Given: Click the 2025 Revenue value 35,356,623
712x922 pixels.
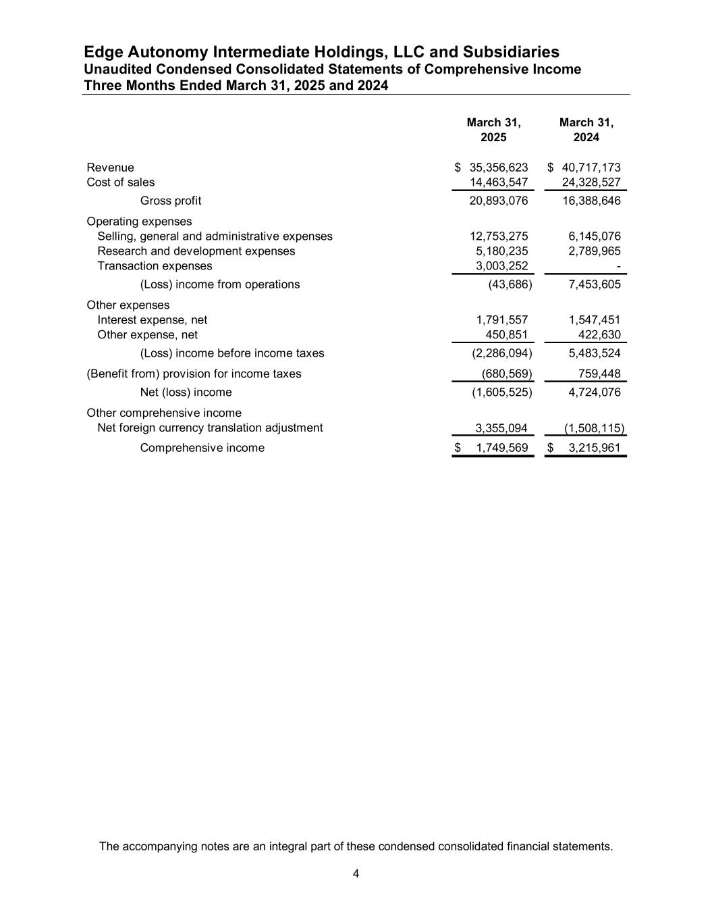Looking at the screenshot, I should point(498,168).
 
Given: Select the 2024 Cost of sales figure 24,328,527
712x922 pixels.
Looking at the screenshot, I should point(591,182).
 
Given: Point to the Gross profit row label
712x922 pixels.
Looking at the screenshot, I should point(170,201).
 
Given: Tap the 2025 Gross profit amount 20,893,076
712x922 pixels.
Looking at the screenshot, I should point(498,201).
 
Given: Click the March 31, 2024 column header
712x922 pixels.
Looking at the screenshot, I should point(586,130).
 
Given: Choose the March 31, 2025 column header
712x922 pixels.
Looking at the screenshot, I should point(493,130).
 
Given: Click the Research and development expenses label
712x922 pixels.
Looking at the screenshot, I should point(196,251).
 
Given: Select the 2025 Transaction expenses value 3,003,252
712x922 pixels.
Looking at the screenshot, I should point(501,266).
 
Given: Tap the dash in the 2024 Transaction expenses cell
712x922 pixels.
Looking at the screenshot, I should point(618,267).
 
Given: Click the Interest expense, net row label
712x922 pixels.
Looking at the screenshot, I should point(152,320).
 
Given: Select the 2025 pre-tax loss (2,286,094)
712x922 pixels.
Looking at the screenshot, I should point(501,353).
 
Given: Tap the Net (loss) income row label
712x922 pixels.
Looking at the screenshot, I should point(186,392).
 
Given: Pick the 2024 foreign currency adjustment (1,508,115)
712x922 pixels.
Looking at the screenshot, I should point(594,428).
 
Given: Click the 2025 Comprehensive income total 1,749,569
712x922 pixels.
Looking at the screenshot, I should point(501,448).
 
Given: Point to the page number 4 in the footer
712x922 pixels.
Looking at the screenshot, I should point(356,875).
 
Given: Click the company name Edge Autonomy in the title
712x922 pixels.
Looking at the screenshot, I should point(146,52).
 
